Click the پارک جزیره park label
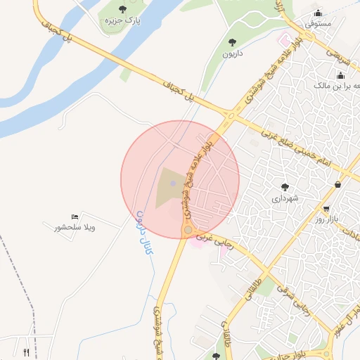pos(123,21)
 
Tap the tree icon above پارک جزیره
pos(123,9)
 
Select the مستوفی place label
pos(319,24)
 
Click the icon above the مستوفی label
pos(319,12)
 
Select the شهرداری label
pos(285,199)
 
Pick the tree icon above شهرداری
pos(285,187)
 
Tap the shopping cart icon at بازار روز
pos(326,209)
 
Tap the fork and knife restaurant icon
pos(27,352)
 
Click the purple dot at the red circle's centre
pos(173,183)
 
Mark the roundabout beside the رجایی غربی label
pos(188,230)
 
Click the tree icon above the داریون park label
pos(233,42)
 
